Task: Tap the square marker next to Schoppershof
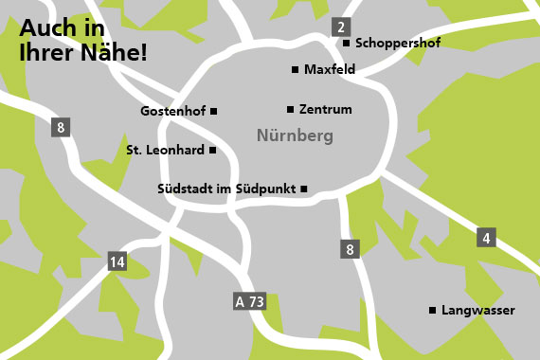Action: (x=347, y=44)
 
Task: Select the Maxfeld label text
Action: (x=330, y=70)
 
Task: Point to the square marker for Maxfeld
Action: (x=296, y=70)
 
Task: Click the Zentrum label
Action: (x=325, y=110)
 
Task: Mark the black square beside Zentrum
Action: (x=291, y=109)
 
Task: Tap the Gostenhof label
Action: (x=172, y=112)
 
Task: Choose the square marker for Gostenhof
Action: (x=214, y=111)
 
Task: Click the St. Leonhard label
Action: (x=165, y=150)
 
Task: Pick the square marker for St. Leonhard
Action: (x=213, y=150)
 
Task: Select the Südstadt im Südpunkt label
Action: (x=226, y=189)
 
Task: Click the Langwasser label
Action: (x=478, y=311)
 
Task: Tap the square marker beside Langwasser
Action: (x=433, y=310)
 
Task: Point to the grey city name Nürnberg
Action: (x=295, y=136)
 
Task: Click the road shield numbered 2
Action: (x=341, y=27)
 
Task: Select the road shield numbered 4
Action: (x=487, y=238)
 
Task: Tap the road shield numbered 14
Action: (x=117, y=262)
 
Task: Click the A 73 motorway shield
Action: (x=250, y=302)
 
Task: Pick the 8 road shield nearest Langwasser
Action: (x=350, y=249)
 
